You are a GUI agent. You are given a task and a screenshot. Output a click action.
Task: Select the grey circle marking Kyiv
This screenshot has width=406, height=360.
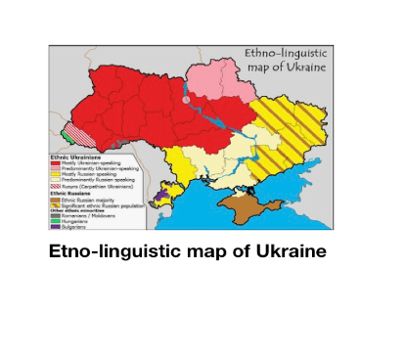point(186,99)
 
